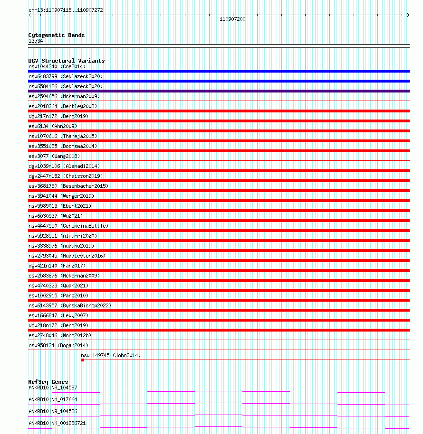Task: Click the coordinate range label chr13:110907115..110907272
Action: (x=66, y=10)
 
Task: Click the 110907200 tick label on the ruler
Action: (x=232, y=19)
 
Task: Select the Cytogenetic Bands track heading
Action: (x=56, y=35)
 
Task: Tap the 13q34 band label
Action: (x=36, y=41)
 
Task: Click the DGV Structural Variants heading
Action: (x=66, y=61)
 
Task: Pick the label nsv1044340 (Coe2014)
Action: (x=57, y=66)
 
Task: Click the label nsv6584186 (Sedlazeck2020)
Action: (x=65, y=86)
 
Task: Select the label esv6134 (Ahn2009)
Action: (x=52, y=126)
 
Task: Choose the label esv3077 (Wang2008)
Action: (x=54, y=156)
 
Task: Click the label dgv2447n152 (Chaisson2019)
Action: (x=65, y=176)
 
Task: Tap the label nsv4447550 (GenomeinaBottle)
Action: (x=68, y=226)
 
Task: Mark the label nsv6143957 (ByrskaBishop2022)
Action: (x=70, y=305)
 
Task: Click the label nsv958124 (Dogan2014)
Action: (x=58, y=345)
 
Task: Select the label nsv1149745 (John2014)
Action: (x=111, y=355)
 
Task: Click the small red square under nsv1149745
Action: (x=83, y=360)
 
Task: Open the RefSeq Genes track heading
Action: (x=48, y=382)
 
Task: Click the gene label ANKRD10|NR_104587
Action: (x=52, y=388)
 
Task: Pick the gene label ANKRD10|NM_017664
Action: (x=52, y=399)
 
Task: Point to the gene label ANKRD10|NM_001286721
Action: (x=57, y=423)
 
